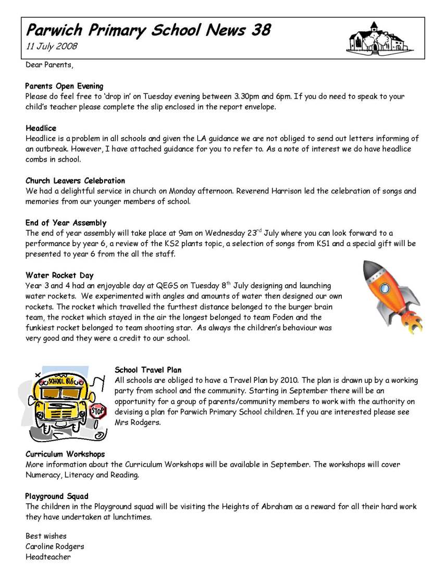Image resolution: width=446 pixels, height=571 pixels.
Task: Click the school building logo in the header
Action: (x=373, y=39)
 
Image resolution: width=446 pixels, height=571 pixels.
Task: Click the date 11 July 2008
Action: (x=52, y=46)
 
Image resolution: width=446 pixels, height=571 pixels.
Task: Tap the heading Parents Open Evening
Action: (x=64, y=86)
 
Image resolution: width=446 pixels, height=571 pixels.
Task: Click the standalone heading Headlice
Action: (x=41, y=128)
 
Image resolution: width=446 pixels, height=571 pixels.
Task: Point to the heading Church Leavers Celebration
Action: (x=75, y=181)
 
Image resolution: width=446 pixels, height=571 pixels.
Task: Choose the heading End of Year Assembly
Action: (x=66, y=223)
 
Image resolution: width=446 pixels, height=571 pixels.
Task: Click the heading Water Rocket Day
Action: (x=59, y=275)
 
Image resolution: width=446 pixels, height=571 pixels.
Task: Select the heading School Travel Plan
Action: (x=148, y=370)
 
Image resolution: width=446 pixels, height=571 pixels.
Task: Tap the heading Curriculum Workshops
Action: (x=65, y=454)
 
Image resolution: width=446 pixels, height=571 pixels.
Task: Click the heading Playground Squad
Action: (x=57, y=496)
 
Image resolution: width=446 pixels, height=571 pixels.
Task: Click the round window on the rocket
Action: (x=385, y=287)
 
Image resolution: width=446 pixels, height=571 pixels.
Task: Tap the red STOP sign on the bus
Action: (x=98, y=411)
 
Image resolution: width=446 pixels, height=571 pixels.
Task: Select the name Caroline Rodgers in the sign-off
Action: (x=55, y=546)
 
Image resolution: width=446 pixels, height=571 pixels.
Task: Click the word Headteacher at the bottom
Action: (x=48, y=557)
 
